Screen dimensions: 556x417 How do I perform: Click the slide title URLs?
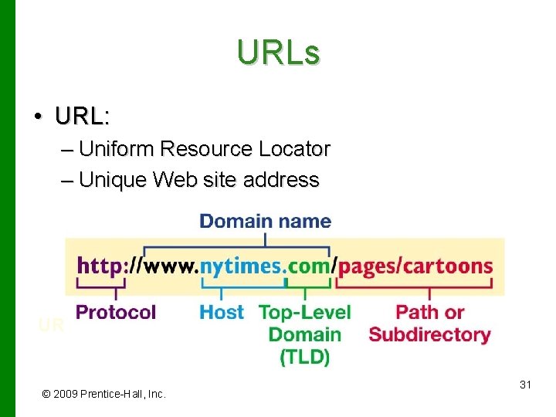coord(278,53)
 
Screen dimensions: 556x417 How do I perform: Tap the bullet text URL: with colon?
coord(83,117)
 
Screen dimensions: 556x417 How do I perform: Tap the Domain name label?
coord(265,222)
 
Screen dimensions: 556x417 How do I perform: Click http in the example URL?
coord(100,266)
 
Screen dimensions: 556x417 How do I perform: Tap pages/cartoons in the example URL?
coord(415,266)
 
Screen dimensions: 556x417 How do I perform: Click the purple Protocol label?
coord(116,312)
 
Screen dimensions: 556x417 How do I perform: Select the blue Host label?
coord(221,312)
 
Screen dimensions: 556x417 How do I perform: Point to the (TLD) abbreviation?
coord(304,357)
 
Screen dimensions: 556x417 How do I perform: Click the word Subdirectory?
coord(429,334)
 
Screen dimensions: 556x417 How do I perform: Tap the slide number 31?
coord(525,384)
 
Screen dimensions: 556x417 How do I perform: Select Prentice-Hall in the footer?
coord(114,394)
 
